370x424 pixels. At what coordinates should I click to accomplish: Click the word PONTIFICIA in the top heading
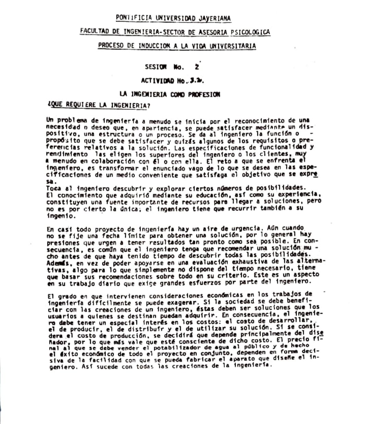(134, 18)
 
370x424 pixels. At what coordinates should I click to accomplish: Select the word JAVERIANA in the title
(215, 18)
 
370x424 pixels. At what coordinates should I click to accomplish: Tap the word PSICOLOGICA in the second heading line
(250, 32)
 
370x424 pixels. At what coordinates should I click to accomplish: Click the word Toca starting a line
(54, 188)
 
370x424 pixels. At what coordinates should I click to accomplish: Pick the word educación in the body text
(203, 195)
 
